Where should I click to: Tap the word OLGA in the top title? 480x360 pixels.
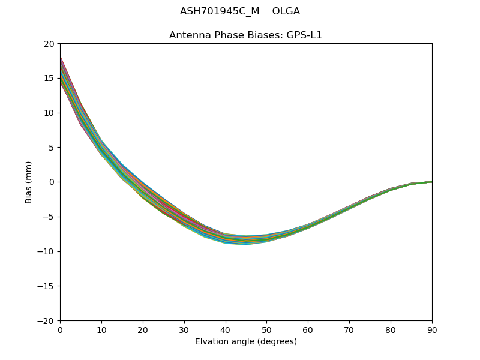(x=286, y=11)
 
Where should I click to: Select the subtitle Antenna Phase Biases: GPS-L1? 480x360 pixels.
(x=245, y=35)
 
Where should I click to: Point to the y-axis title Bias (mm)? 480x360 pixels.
(x=29, y=182)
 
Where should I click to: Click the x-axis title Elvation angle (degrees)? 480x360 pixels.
(x=246, y=342)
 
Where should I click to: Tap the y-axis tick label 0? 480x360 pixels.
(x=53, y=182)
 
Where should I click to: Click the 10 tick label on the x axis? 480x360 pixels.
(x=101, y=329)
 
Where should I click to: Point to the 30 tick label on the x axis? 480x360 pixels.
(x=184, y=329)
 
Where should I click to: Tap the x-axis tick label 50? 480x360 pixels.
(x=266, y=329)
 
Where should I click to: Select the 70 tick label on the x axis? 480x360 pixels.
(x=349, y=329)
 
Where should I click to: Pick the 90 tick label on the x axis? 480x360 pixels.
(x=431, y=329)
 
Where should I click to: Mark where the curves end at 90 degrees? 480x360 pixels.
(x=431, y=182)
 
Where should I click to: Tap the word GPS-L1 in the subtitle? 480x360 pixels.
(x=306, y=35)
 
